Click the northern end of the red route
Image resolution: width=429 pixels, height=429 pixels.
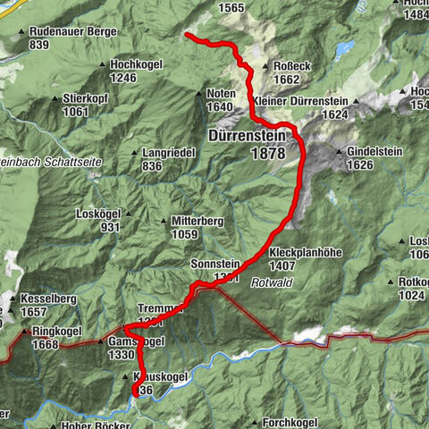pyautogui.click(x=187, y=35)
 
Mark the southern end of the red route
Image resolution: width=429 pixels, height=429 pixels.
pyautogui.click(x=136, y=393)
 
